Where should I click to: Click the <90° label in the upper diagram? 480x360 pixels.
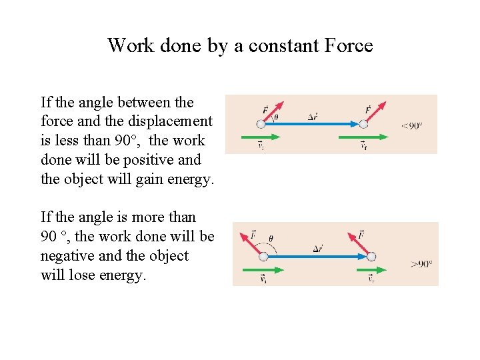411,125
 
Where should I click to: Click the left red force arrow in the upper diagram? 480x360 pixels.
272,113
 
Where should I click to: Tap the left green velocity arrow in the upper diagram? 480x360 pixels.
254,137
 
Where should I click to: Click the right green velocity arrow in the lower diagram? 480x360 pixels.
372,269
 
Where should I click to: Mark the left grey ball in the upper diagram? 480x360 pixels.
261,123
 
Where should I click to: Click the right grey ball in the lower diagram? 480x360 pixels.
371,257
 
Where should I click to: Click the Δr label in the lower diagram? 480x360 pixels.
318,249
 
